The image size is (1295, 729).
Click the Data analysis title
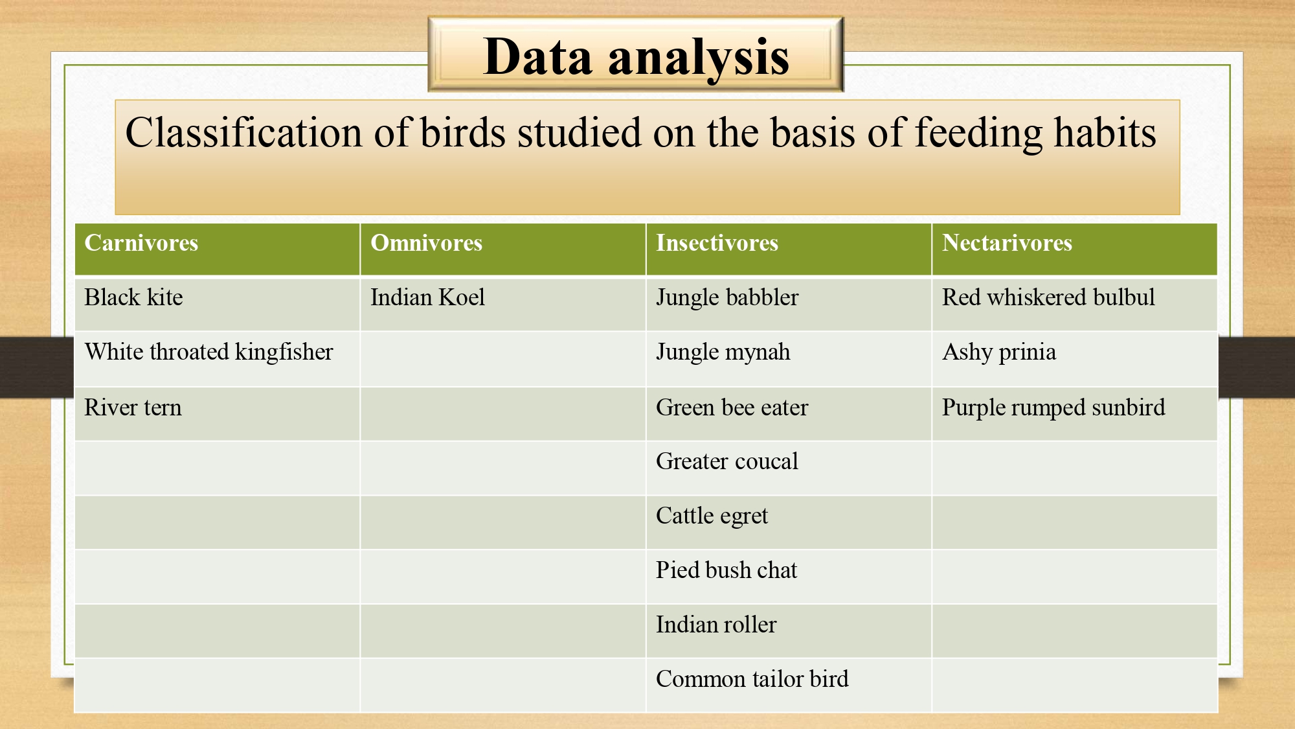coord(636,57)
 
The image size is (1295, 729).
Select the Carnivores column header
coord(141,243)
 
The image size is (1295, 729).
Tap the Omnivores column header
coord(427,243)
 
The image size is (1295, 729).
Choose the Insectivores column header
coord(717,243)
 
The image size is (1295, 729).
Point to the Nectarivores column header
coord(1007,243)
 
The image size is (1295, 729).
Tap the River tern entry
coord(133,408)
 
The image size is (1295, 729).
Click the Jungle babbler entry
coord(727,298)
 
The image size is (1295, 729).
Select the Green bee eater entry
coord(732,408)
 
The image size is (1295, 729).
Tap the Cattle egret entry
coord(712,516)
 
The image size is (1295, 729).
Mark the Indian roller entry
coord(716,625)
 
